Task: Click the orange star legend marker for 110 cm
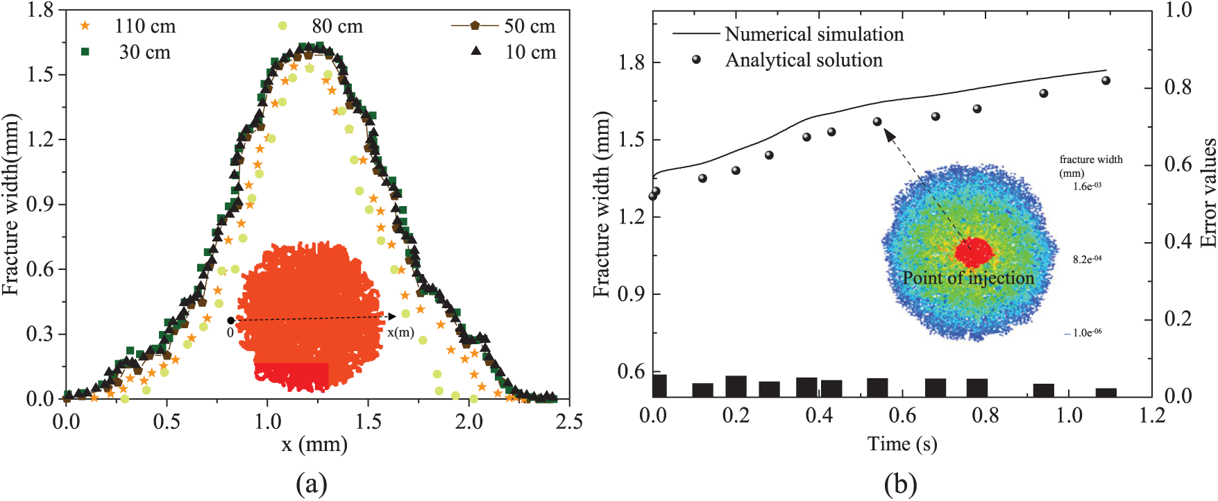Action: pyautogui.click(x=85, y=26)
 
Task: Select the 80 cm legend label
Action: pyautogui.click(x=337, y=26)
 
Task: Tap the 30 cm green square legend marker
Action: pyautogui.click(x=85, y=52)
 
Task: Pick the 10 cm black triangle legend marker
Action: pyautogui.click(x=476, y=51)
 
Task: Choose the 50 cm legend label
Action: pyautogui.click(x=530, y=26)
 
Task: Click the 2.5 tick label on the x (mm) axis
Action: pyautogui.click(x=569, y=421)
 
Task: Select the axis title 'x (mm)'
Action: pyautogui.click(x=314, y=444)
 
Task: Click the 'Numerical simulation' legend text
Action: pyautogui.click(x=814, y=34)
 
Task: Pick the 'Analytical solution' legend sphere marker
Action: pyautogui.click(x=696, y=60)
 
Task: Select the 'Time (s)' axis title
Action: pyautogui.click(x=902, y=444)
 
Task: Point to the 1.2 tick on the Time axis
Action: pyautogui.click(x=1152, y=415)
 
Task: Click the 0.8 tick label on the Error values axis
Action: pyautogui.click(x=1178, y=87)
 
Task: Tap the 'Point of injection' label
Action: pyautogui.click(x=968, y=278)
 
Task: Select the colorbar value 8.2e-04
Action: pyautogui.click(x=1087, y=260)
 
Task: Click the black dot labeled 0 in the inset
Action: pyautogui.click(x=230, y=321)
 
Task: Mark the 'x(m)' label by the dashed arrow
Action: pyautogui.click(x=400, y=332)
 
